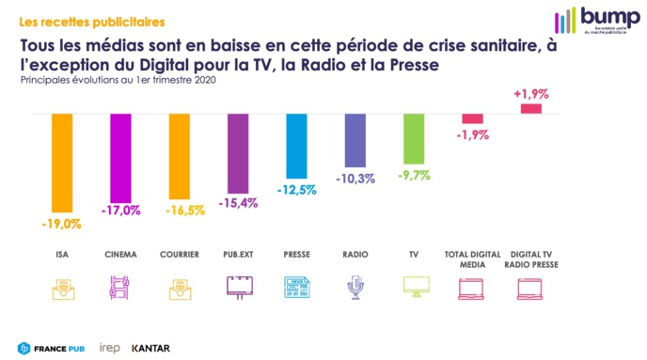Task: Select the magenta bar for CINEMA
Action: [x=119, y=157]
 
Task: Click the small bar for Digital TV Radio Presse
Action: [x=531, y=109]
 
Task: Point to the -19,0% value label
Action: [x=61, y=224]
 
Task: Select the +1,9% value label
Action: [x=531, y=94]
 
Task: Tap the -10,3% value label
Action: [x=355, y=179]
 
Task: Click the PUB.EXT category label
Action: [x=237, y=255]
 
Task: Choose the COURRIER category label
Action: [x=179, y=255]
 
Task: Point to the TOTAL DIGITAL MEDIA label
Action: [x=472, y=258]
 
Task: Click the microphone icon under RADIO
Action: [x=355, y=288]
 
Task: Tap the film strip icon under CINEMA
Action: [x=119, y=288]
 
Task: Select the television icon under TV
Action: [x=413, y=288]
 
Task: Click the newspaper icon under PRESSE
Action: [x=295, y=288]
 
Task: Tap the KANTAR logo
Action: [x=150, y=348]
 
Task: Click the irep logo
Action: [x=110, y=348]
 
